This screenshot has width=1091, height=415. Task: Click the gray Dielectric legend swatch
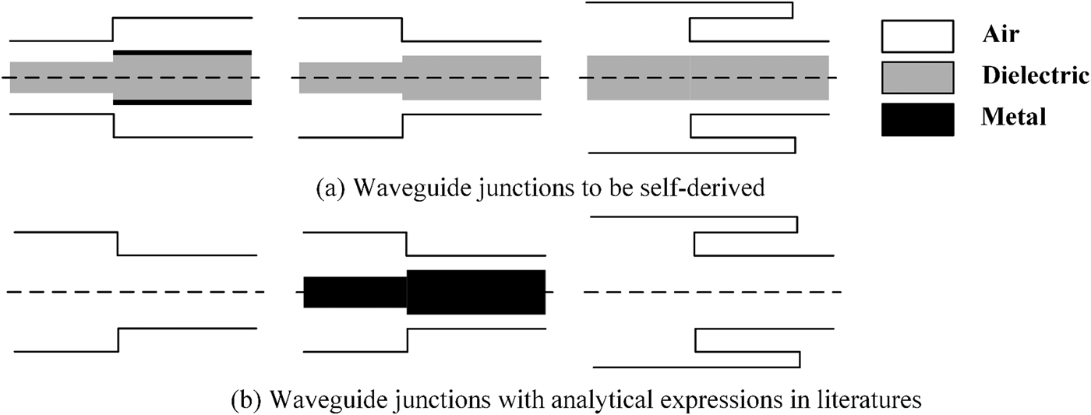click(x=917, y=76)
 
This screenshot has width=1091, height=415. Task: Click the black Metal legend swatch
click(x=917, y=118)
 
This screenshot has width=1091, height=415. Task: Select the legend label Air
click(x=1002, y=35)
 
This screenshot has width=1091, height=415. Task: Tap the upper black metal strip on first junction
click(x=182, y=52)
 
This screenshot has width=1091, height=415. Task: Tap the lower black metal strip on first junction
click(x=182, y=102)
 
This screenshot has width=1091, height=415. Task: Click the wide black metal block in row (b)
click(x=475, y=292)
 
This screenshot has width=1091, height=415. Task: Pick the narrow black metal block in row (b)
click(x=355, y=292)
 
